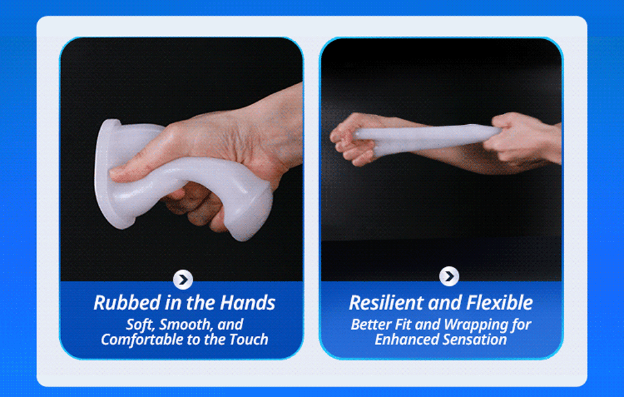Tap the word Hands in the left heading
point(248,302)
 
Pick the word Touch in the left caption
point(249,339)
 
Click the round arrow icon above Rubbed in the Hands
point(183,279)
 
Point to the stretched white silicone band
point(426,138)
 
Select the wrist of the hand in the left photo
point(280,127)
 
